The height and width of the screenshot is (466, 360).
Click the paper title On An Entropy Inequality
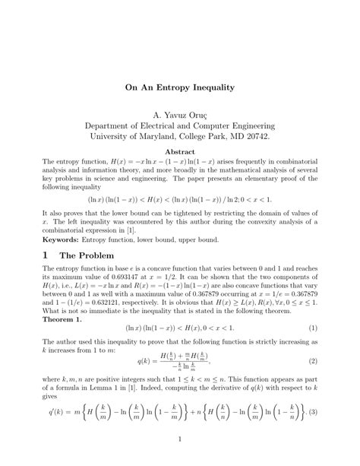pyautogui.click(x=179, y=87)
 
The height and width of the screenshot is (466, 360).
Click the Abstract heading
pyautogui.click(x=179, y=152)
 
